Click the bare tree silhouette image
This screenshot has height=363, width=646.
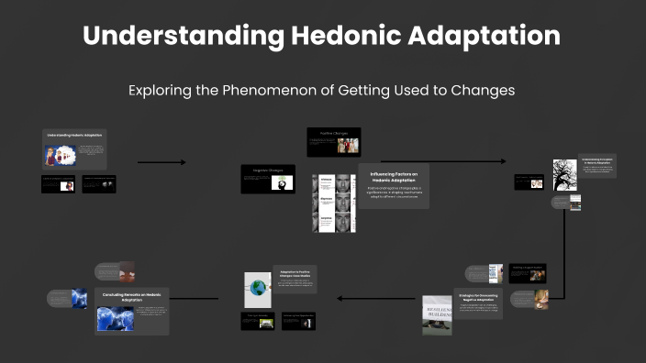[564, 174]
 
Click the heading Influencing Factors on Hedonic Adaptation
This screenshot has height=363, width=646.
[393, 177]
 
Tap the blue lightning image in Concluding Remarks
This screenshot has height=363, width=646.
[116, 317]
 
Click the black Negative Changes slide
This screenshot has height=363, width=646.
[267, 179]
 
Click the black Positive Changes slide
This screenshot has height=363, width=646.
[334, 141]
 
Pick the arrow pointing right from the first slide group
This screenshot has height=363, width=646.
[161, 162]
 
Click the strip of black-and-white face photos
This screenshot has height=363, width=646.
[333, 203]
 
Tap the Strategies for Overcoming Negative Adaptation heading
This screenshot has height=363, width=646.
[477, 299]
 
